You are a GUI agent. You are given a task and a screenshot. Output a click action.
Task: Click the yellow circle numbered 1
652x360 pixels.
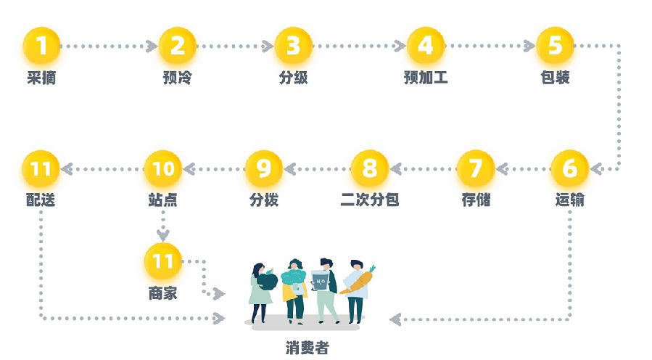click(42, 46)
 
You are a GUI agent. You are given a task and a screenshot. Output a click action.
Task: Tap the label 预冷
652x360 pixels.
click(177, 78)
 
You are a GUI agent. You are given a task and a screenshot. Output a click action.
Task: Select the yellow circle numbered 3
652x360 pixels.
click(293, 46)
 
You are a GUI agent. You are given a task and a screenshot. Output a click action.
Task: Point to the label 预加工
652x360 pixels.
click(426, 78)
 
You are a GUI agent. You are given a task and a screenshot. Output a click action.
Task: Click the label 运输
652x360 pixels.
click(569, 200)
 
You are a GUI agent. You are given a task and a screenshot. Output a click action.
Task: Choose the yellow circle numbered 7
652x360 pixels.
click(476, 168)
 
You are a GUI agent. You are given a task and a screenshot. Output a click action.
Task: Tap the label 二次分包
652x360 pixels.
click(370, 200)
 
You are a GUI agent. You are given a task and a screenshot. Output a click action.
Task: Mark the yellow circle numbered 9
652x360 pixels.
click(263, 168)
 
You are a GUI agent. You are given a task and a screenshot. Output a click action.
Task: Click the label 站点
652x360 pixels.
click(162, 200)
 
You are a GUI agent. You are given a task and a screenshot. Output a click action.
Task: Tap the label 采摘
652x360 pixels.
click(42, 78)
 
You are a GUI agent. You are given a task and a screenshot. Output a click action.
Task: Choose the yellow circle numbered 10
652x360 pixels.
click(162, 168)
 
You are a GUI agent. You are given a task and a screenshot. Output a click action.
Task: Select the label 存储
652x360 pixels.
click(476, 200)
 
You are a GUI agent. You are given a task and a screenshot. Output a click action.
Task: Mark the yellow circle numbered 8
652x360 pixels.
click(370, 168)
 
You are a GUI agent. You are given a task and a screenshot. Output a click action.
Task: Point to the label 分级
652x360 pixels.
click(293, 78)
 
